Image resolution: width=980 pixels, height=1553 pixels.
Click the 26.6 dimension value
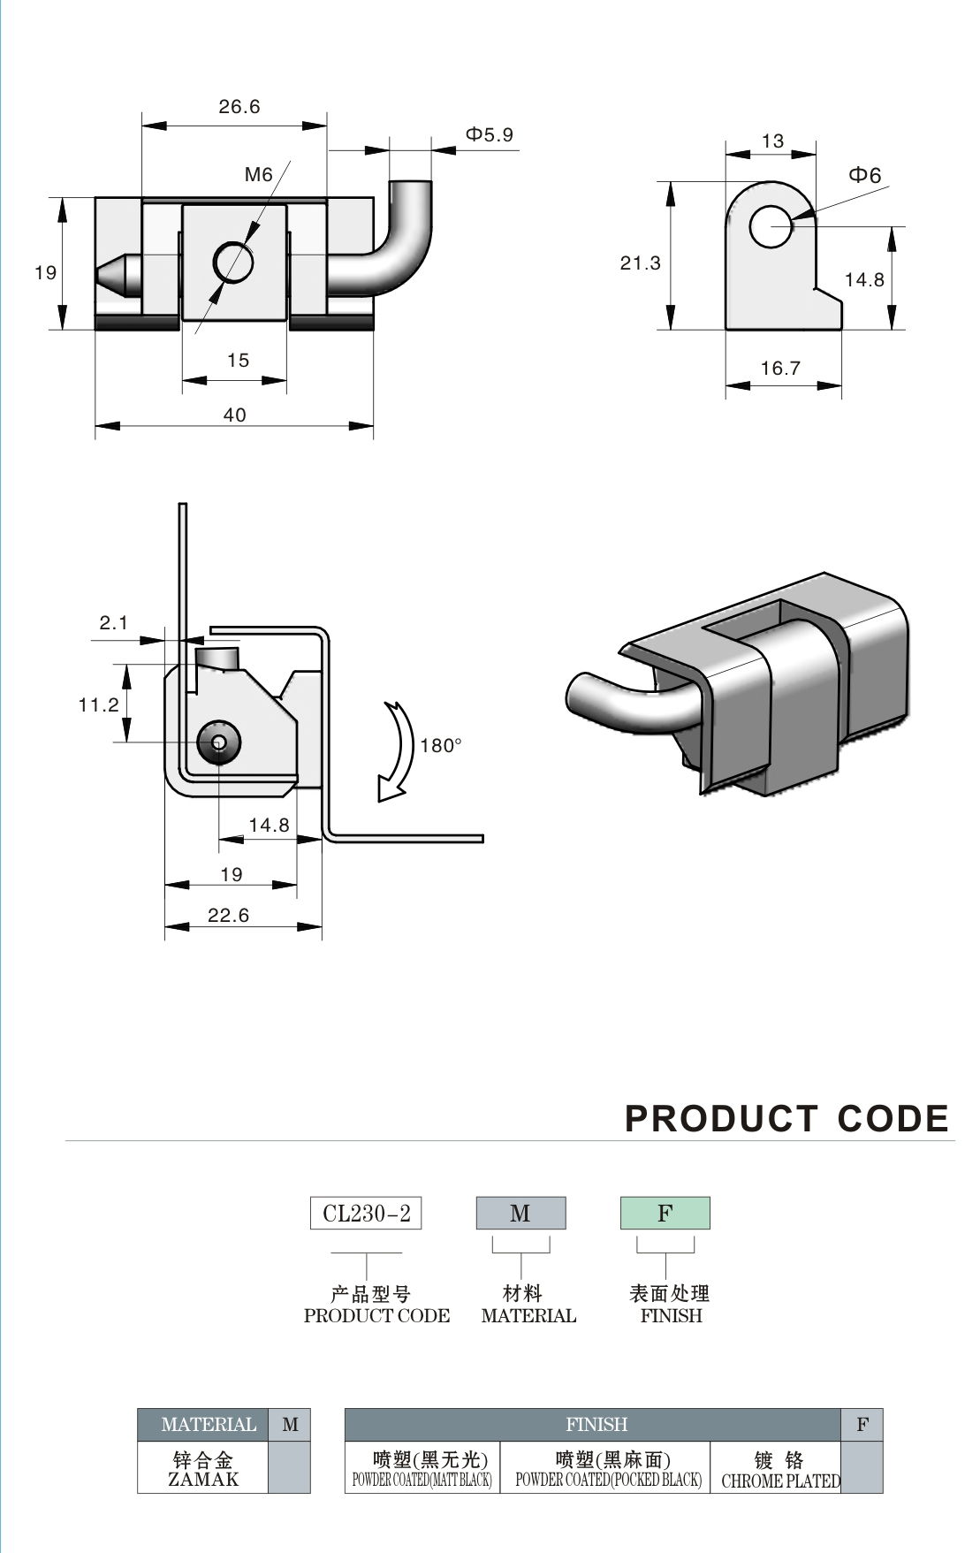239,107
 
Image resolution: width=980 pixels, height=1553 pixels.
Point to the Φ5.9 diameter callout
490,134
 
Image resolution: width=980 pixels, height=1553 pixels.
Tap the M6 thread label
258,175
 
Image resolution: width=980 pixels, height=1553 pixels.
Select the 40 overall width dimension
234,415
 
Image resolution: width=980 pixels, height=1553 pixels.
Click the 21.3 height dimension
640,263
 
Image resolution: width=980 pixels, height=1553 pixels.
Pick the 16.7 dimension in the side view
780,369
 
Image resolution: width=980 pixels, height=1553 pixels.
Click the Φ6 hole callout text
865,175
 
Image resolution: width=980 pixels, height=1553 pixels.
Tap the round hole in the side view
771,226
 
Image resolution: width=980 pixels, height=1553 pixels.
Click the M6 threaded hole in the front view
233,262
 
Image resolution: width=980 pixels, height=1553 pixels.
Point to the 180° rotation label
441,746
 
